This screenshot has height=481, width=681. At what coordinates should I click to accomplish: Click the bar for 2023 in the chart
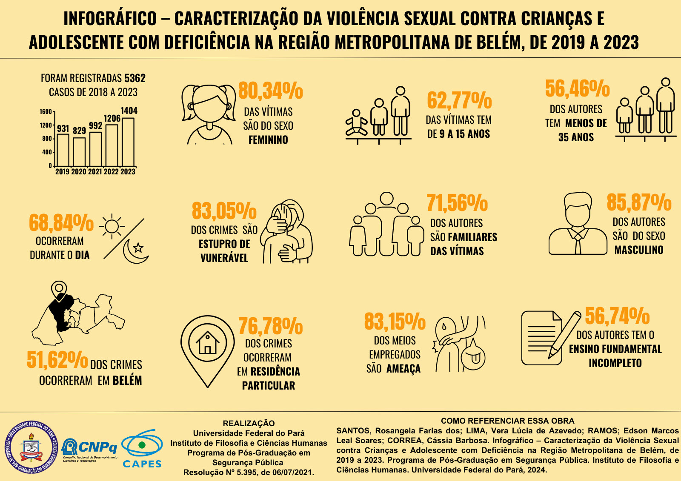pos(128,142)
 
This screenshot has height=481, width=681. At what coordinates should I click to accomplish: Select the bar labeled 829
pos(79,151)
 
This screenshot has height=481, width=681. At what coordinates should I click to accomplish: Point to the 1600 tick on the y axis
pos(46,112)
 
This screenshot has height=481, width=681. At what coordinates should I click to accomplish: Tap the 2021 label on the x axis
pos(95,172)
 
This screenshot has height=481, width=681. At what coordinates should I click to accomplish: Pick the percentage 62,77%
pos(459,100)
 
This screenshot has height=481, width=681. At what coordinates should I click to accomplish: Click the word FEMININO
pos(268,139)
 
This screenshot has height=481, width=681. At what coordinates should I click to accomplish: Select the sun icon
pos(112,225)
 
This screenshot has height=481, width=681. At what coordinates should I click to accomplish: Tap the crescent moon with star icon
pos(135,250)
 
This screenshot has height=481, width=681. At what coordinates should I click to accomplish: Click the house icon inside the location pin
pos(207,342)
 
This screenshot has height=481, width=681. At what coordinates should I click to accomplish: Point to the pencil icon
pos(564,334)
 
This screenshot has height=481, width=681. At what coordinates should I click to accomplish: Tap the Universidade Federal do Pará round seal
pos(31,447)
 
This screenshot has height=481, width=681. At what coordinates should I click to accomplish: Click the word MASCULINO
pos(638,250)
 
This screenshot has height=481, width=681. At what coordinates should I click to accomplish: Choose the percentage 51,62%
pos(57,360)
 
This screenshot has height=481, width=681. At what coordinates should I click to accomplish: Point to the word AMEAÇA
pos(403,369)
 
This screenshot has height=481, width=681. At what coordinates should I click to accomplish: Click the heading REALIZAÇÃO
pos(249,423)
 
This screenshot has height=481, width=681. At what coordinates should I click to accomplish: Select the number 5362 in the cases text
pos(135,78)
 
